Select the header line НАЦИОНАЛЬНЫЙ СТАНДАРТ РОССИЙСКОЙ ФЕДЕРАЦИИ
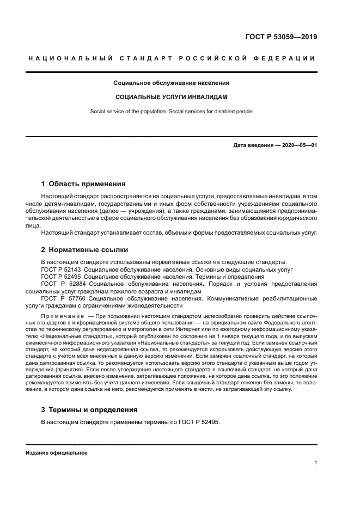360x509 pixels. coord(171,59)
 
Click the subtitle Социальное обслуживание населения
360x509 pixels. coord(171,83)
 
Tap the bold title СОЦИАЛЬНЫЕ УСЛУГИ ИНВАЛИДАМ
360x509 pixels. coord(171,96)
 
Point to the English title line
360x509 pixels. coord(171,112)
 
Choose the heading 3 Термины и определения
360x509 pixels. coord(89,409)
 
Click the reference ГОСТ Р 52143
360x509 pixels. coord(62,269)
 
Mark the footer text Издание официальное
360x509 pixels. coord(56,453)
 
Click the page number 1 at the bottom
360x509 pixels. coord(315,463)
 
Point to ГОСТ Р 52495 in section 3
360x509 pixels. coord(200,422)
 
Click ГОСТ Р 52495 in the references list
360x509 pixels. coord(62,277)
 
